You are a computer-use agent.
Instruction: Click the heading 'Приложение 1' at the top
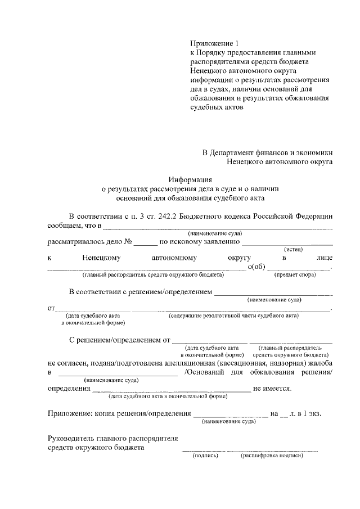pos(210,43)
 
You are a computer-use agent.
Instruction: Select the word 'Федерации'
pos(313,216)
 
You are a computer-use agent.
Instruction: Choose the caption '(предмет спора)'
pos(295,274)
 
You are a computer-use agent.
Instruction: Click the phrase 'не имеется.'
pos(272,389)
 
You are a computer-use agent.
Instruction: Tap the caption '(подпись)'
pos(205,456)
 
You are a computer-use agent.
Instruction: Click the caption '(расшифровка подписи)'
pos(273,456)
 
